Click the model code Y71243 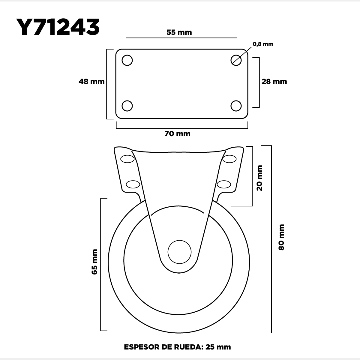(58, 27)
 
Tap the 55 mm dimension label (179, 32)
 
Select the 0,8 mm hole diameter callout (263, 44)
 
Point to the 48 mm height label (91, 82)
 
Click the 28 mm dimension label (274, 82)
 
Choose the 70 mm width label (177, 134)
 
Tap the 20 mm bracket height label (259, 178)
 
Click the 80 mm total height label (281, 237)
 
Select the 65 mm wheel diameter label (94, 262)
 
